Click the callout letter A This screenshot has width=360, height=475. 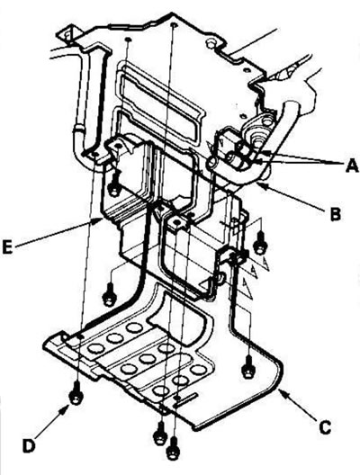pos(352,166)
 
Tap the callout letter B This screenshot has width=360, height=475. pos(335,213)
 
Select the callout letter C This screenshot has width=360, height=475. pos(324,427)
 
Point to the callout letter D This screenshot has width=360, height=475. pos(29,446)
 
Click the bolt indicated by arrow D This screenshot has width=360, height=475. pos(76,392)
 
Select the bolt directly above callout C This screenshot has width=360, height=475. pos(248,367)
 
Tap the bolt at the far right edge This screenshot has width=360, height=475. pos(260,243)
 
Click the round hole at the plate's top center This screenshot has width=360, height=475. pos(174,24)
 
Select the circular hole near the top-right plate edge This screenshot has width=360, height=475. pos(210,44)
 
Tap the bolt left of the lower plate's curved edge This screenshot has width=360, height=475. pos(108,294)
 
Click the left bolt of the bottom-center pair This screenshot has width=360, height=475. pos(160,435)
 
